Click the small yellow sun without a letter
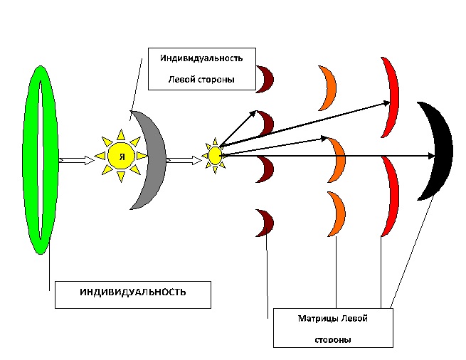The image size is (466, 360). [215, 155]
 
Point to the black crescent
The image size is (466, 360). [441, 149]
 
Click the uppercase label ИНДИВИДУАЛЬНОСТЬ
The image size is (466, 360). [133, 292]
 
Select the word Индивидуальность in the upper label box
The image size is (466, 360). [202, 58]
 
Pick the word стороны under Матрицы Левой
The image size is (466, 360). [332, 340]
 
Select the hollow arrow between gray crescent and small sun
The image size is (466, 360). [184, 160]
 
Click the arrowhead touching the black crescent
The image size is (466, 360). [431, 155]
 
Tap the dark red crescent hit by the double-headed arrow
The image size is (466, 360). [268, 122]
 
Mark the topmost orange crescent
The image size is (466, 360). [329, 88]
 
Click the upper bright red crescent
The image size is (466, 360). [392, 96]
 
